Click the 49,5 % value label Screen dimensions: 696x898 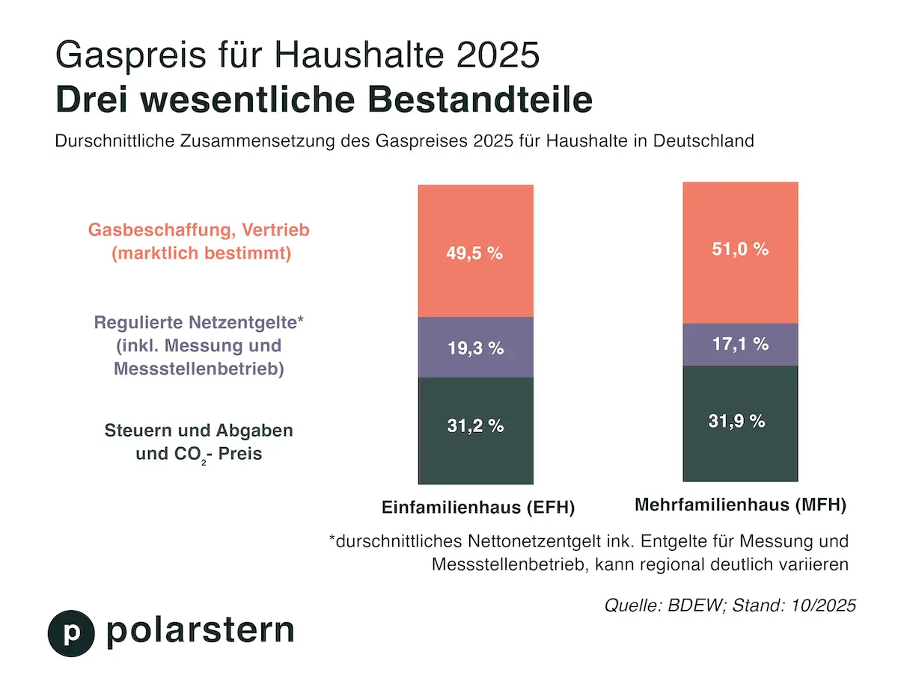[x=475, y=253]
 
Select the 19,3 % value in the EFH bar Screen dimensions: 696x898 [x=475, y=348]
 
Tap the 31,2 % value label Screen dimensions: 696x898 [x=475, y=426]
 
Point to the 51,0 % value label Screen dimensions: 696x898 [x=740, y=249]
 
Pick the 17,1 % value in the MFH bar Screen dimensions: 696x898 [x=740, y=345]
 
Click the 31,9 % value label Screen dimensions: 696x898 [x=740, y=421]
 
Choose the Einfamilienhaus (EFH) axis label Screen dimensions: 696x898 [x=477, y=508]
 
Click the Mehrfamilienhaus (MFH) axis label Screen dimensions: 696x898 [x=740, y=505]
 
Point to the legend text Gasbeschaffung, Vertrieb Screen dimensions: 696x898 [x=199, y=230]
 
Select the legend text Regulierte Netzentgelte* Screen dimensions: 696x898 [x=198, y=323]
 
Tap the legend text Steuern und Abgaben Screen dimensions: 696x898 [x=199, y=431]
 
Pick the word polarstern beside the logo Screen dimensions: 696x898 [x=200, y=630]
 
